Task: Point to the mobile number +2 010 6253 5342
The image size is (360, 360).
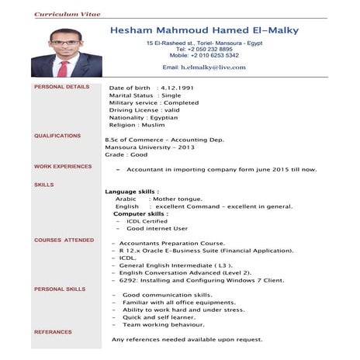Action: coord(204,56)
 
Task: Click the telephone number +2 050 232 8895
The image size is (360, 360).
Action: coord(204,49)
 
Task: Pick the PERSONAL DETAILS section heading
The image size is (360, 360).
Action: coord(62,87)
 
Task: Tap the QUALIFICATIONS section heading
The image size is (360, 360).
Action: coord(57,136)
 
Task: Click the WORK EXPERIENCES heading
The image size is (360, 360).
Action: coord(63,167)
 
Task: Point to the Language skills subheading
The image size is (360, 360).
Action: coord(132,191)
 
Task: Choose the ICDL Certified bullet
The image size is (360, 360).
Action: coord(147,221)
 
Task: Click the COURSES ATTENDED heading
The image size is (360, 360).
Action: coord(64,241)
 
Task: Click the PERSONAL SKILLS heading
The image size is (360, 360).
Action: coord(61,289)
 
